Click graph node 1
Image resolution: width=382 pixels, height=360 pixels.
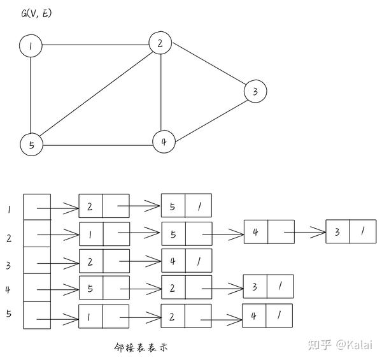[x=31, y=46]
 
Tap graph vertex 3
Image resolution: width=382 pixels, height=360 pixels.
[x=255, y=92]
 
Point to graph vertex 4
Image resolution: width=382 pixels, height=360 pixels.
[x=164, y=141]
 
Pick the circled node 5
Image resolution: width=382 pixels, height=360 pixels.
[x=31, y=145]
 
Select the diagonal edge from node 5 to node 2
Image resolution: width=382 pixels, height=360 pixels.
[x=95, y=94]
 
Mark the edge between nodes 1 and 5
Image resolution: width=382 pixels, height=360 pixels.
[x=31, y=96]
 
